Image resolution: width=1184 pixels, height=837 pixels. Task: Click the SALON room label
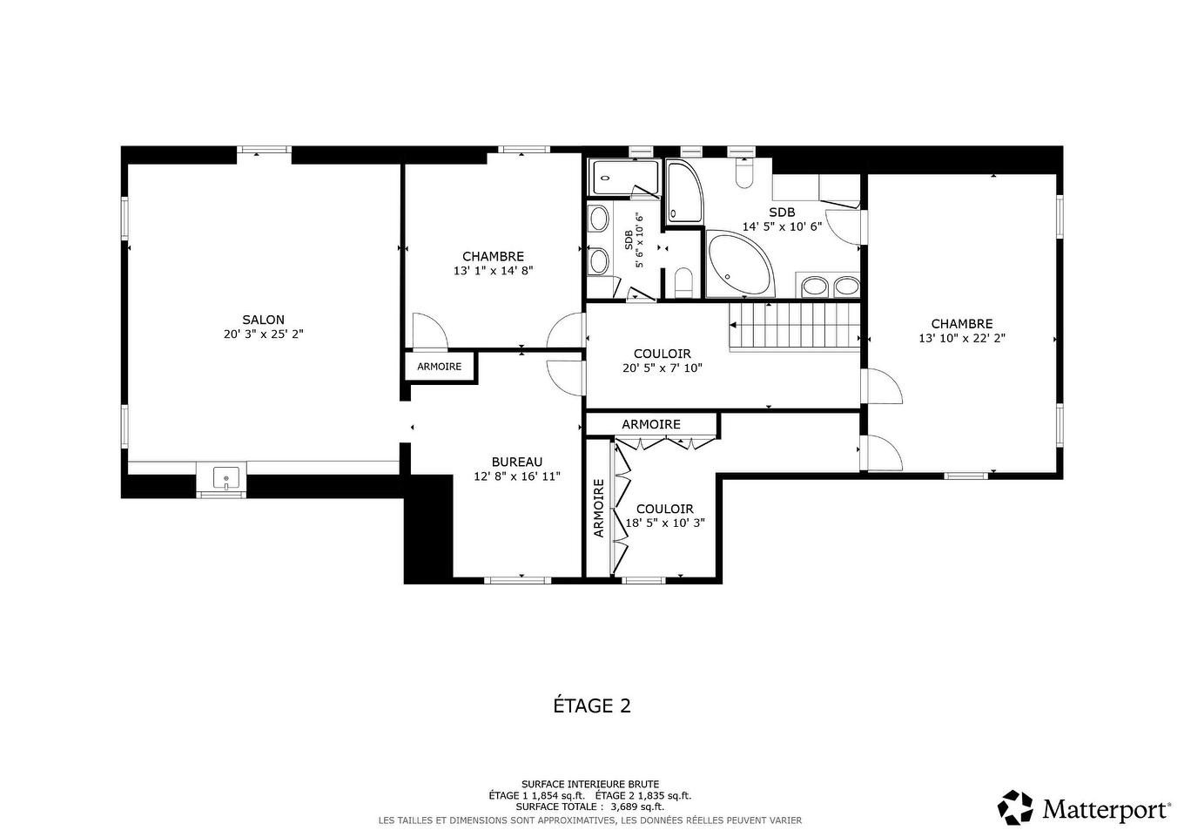(x=263, y=320)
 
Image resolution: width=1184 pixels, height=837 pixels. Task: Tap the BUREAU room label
(x=516, y=462)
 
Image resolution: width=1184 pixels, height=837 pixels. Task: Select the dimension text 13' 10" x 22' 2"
(x=961, y=338)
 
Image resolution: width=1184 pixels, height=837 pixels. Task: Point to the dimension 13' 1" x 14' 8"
(x=493, y=270)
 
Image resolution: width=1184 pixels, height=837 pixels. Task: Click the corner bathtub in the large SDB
(x=737, y=265)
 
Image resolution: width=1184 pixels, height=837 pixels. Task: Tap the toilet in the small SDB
(x=683, y=282)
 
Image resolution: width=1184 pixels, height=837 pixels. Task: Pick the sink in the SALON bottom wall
(x=225, y=478)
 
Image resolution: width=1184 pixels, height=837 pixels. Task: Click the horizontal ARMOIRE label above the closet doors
(x=650, y=424)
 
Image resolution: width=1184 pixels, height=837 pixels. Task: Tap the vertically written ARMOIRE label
(x=598, y=507)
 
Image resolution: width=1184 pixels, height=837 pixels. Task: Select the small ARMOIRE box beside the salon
(x=440, y=367)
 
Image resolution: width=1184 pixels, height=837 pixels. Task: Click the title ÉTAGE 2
(x=592, y=705)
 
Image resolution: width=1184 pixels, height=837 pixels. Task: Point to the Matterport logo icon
(x=1015, y=807)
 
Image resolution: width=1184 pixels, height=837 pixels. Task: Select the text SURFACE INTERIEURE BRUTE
(x=590, y=784)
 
